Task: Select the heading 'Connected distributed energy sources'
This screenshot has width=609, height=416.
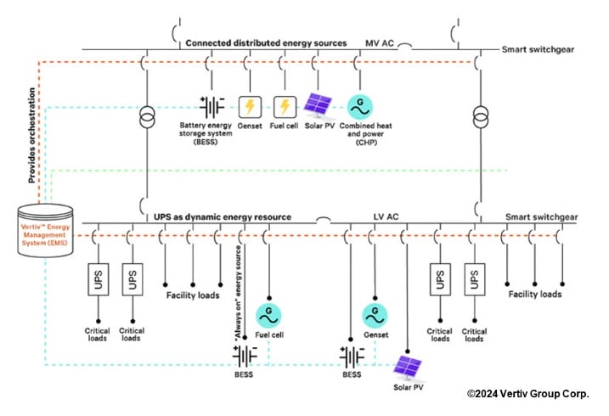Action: [x=266, y=42]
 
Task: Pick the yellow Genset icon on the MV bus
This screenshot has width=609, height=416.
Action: [x=250, y=106]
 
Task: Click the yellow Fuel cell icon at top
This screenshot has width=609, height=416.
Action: [x=285, y=106]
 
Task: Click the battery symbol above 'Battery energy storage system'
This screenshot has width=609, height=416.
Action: [x=211, y=106]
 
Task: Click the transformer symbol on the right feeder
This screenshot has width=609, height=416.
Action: [x=480, y=115]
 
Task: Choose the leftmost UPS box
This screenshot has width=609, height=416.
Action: [x=96, y=280]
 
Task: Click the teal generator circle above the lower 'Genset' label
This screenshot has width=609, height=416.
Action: [x=375, y=313]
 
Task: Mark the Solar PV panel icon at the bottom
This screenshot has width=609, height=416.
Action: [x=408, y=366]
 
